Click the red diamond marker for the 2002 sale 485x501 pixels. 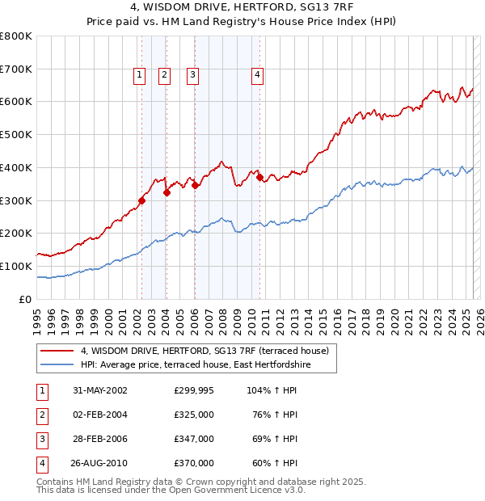[x=141, y=200]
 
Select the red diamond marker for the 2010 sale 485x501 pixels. [x=260, y=178]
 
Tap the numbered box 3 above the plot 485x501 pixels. [x=193, y=75]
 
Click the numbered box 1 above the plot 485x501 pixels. [x=139, y=75]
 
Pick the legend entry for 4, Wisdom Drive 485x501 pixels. [x=204, y=352]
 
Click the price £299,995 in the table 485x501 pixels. [x=193, y=389]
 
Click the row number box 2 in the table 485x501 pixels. [x=40, y=415]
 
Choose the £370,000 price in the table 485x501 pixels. [x=193, y=463]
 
